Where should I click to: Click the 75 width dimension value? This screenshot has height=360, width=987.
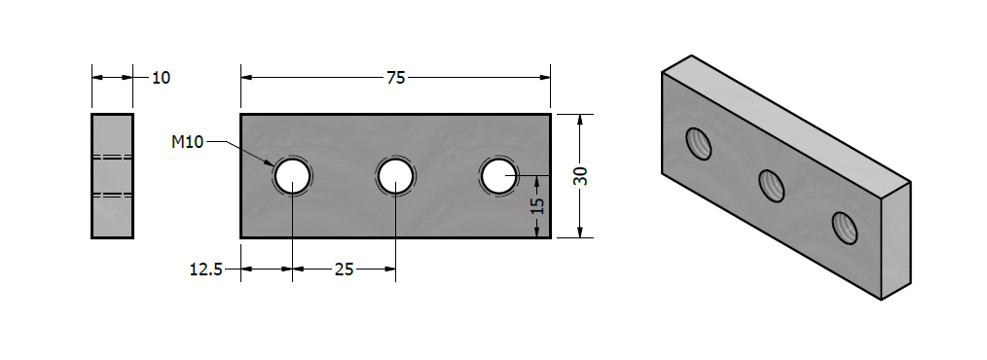pos(396,78)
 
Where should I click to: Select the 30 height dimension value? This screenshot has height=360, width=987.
pos(582,176)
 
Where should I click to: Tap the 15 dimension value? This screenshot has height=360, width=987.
pos(537,206)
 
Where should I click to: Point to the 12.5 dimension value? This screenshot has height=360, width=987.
pos(205,270)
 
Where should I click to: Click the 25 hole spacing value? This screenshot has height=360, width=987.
pos(344,270)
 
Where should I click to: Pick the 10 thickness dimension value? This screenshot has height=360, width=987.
pos(162,78)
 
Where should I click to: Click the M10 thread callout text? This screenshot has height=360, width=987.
pos(188,142)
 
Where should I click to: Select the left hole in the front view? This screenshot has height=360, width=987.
pos(293,176)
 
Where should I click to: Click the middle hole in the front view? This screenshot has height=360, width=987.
pos(395,176)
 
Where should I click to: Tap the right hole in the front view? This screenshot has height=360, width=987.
pos(498,176)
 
